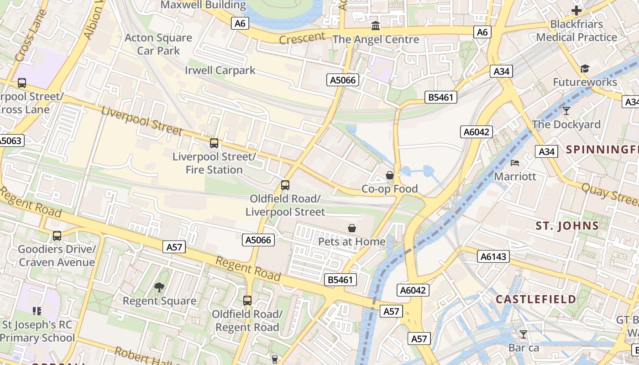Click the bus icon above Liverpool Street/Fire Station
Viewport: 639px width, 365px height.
tap(214, 143)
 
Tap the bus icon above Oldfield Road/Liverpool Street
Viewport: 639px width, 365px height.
tap(285, 185)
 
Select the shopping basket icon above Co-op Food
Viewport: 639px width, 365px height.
tap(390, 175)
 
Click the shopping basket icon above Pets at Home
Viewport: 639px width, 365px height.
tap(352, 228)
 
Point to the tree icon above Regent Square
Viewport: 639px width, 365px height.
tap(159, 287)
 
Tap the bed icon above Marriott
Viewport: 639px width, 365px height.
tap(515, 163)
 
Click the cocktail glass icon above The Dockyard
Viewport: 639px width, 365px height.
tap(566, 110)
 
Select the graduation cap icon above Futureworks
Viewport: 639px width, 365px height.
tap(585, 69)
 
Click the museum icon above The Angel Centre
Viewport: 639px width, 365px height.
tap(376, 26)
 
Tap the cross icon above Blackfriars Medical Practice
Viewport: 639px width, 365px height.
tap(576, 10)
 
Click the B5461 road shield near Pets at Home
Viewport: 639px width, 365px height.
tap(340, 280)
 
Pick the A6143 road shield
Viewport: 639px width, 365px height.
tap(494, 257)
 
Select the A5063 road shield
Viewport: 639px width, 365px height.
tap(10, 141)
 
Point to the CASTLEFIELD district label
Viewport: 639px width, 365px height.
tap(536, 299)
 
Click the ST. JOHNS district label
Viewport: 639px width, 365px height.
tap(567, 225)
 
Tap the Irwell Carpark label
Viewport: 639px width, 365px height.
tap(220, 70)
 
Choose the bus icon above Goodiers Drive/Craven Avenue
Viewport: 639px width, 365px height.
tap(57, 236)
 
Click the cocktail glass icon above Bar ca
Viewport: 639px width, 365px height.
tap(524, 334)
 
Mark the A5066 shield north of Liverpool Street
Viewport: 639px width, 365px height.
tap(343, 80)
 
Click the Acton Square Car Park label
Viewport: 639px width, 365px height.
tap(158, 44)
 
